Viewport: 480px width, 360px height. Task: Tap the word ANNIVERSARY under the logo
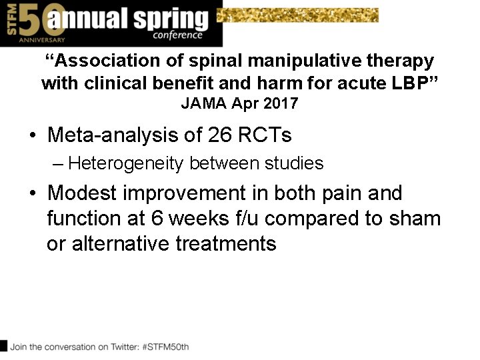click(x=24, y=40)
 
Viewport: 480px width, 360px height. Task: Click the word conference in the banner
click(x=177, y=35)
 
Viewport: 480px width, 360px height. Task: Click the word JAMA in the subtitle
click(x=201, y=103)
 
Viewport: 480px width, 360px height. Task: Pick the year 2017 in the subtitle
click(x=280, y=103)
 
